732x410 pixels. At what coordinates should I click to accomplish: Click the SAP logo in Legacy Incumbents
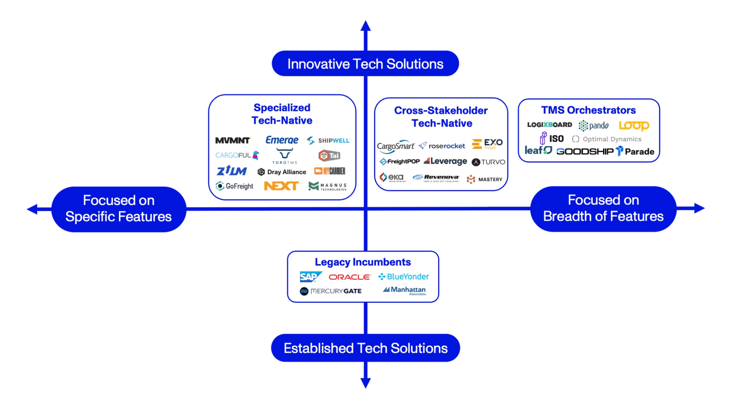click(x=310, y=277)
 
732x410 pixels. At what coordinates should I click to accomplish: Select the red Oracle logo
click(x=349, y=277)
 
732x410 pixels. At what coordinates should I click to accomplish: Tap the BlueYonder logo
click(x=403, y=277)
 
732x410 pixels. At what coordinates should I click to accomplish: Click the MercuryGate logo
click(x=331, y=291)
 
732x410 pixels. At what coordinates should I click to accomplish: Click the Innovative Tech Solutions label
click(x=365, y=64)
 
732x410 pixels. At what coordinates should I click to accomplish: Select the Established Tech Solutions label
click(x=365, y=348)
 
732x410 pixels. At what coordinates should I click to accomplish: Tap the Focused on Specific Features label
click(x=119, y=209)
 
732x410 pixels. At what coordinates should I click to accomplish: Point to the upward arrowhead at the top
click(x=366, y=26)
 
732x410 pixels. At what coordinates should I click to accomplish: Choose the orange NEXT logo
click(x=281, y=186)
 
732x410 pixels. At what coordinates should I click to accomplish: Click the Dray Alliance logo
click(x=282, y=172)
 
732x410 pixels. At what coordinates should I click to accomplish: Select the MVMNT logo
click(x=233, y=140)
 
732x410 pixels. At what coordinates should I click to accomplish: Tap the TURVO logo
click(x=488, y=162)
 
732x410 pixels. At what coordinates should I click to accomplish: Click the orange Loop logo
click(x=634, y=125)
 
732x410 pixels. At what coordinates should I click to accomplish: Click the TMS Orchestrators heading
click(x=588, y=110)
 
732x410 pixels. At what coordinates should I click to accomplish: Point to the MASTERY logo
click(x=485, y=179)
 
